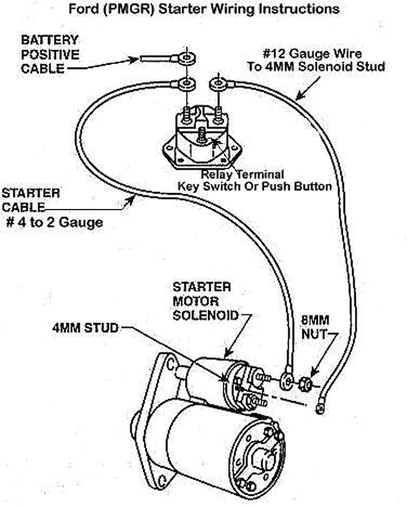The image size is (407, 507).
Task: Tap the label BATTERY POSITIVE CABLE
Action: pyautogui.click(x=49, y=54)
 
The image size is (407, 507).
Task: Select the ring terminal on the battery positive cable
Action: pyautogui.click(x=184, y=56)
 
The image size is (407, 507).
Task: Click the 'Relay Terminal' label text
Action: pyautogui.click(x=243, y=175)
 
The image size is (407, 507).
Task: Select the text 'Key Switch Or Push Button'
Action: pyautogui.click(x=254, y=186)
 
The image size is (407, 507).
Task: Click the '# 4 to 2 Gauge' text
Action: pyautogui.click(x=54, y=223)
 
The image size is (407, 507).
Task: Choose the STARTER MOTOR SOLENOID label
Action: pyautogui.click(x=205, y=301)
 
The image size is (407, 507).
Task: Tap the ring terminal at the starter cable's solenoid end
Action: pyautogui.click(x=286, y=381)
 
